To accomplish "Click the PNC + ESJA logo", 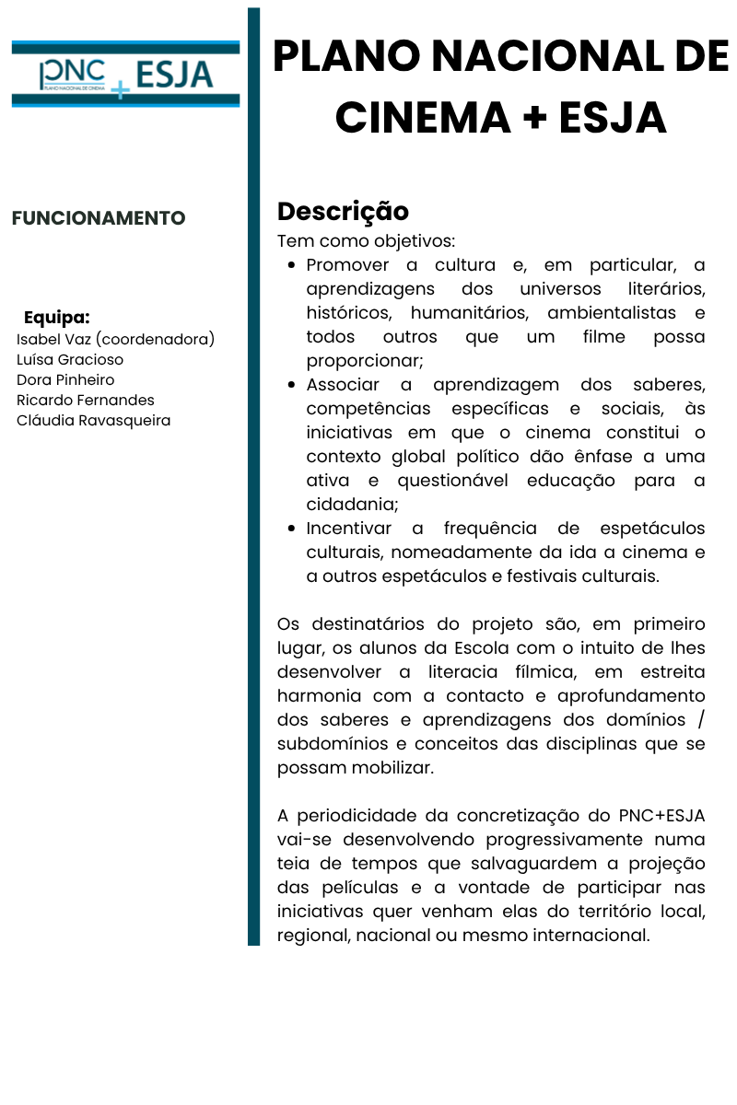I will pos(125,75).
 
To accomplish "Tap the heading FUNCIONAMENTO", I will pos(99,218).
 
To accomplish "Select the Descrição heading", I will pos(343,211).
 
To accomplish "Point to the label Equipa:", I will pos(57,319).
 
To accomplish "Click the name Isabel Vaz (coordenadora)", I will pos(115,339).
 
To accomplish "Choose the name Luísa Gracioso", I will pos(70,359).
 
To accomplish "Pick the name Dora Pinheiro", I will pos(65,379).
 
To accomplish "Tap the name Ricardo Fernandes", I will pos(86,400).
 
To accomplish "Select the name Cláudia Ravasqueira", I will pos(93,420).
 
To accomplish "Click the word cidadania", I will pos(350,505).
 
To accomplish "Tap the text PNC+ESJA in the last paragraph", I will pos(661,816).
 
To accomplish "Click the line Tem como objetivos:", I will pos(366,241).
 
